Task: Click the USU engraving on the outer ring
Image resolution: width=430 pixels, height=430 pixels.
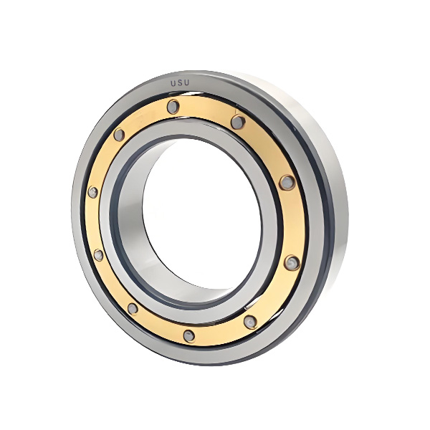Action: [x=180, y=83]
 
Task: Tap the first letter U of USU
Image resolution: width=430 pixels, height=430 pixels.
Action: [x=173, y=84]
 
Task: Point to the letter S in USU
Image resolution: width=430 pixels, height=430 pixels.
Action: [x=180, y=83]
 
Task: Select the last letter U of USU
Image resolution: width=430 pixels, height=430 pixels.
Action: [x=186, y=82]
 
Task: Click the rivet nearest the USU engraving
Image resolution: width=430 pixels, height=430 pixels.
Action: [x=173, y=106]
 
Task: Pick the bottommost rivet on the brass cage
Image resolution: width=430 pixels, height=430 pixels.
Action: [x=189, y=335]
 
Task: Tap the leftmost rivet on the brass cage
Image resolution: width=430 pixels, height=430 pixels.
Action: [x=93, y=191]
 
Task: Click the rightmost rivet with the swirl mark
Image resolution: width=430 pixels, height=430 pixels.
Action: [x=292, y=262]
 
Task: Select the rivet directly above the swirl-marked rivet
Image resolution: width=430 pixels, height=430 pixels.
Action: [x=287, y=182]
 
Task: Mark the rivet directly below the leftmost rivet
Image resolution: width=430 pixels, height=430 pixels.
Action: [x=98, y=254]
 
